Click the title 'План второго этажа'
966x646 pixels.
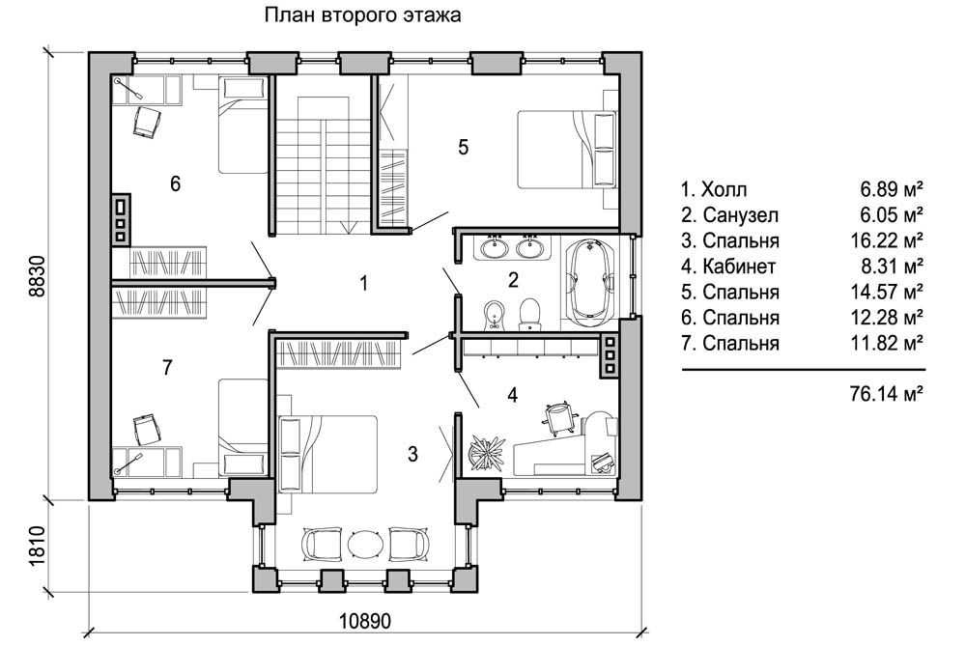[363, 14]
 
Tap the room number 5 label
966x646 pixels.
[464, 147]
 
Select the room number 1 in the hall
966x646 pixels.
[364, 283]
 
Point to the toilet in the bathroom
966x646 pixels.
[529, 313]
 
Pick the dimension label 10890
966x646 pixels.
[365, 621]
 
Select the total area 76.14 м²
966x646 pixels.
[886, 394]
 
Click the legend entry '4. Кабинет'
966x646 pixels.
[728, 267]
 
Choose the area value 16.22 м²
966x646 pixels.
[887, 240]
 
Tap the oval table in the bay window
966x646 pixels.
[366, 544]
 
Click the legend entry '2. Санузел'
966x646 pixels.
[729, 215]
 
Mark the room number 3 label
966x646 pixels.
[412, 454]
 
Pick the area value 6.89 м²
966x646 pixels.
[892, 189]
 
